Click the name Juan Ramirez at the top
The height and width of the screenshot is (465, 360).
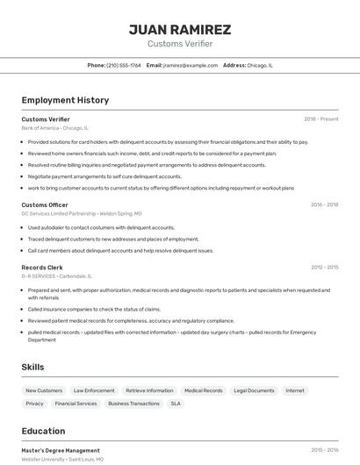pos(180,29)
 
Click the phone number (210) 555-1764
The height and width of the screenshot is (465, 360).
pos(123,65)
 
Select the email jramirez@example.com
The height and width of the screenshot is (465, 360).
pos(191,65)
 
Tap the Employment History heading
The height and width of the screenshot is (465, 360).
pos(65,100)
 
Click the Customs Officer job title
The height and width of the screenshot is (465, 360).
pos(45,204)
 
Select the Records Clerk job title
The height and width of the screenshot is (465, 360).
pos(42,267)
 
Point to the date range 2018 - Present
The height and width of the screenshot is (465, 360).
pos(320,119)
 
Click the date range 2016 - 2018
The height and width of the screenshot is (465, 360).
pos(324,204)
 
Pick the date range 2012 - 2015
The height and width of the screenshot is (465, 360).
pos(324,267)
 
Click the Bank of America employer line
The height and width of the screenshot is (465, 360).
pos(54,128)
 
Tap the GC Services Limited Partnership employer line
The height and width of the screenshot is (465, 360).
pos(81,213)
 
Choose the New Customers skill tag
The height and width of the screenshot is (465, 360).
pos(44,390)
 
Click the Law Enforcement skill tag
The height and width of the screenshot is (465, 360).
pos(94,390)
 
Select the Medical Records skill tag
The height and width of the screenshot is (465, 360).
pos(203,390)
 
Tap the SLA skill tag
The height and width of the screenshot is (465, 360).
pos(176,404)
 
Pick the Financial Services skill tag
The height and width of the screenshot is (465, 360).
pos(76,404)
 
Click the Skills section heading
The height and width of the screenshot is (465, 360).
pos(32,367)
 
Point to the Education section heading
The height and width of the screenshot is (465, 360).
pos(43,431)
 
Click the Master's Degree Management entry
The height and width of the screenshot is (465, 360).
pos(61,450)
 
